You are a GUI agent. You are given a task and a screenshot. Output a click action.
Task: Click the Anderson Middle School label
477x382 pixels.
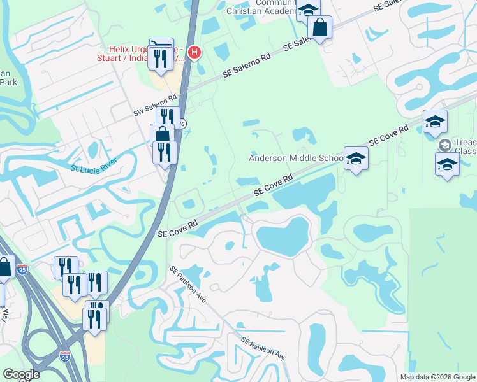tap(296, 158)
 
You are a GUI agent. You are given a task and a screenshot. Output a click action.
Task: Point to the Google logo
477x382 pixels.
tap(20, 374)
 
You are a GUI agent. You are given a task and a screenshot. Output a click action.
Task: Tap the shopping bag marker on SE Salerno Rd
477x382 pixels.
tap(319, 27)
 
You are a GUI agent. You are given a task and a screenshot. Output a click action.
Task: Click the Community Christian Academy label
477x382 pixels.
tap(261, 7)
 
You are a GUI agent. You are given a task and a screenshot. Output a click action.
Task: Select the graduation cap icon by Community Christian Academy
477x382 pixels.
tap(308, 9)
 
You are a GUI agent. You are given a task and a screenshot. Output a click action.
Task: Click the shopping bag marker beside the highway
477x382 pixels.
tap(163, 134)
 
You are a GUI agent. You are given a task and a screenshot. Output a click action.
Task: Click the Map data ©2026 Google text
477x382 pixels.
tap(437, 377)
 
